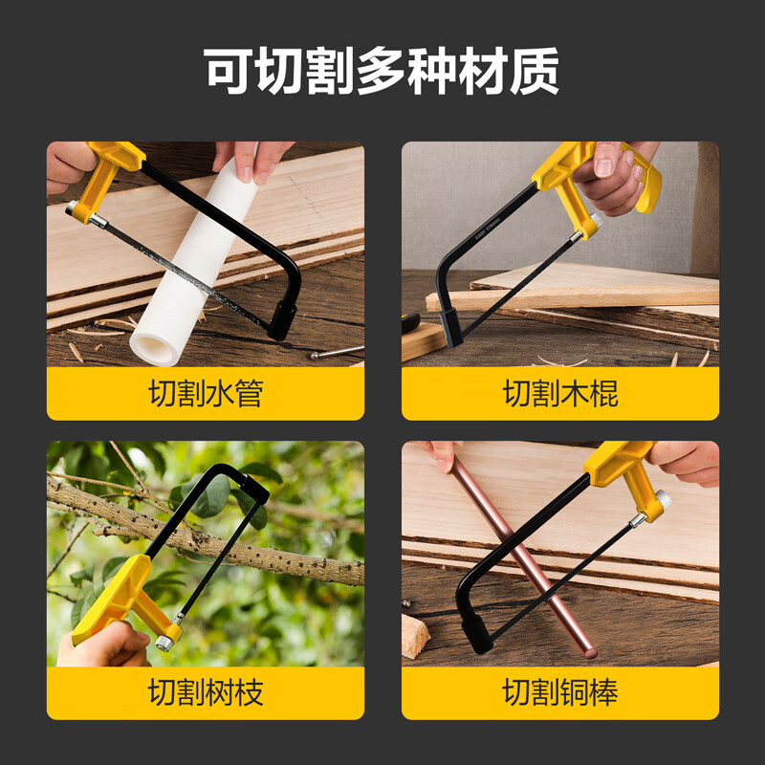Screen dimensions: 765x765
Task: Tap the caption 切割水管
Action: coord(206,393)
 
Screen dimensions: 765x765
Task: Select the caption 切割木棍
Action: coord(560,393)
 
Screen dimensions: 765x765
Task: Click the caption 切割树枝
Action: coord(206,692)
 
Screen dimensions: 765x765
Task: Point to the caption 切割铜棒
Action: coord(560,692)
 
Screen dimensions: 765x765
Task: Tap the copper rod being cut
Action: coord(521,555)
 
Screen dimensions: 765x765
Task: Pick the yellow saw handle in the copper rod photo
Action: coord(622,469)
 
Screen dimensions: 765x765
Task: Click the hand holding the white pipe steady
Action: coord(251,158)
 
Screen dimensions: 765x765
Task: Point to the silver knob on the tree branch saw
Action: coord(165,642)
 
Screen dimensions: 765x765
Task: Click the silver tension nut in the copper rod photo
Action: coord(660,500)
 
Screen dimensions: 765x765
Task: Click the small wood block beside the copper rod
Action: coord(414,637)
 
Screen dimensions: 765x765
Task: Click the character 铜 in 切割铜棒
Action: coord(575,692)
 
